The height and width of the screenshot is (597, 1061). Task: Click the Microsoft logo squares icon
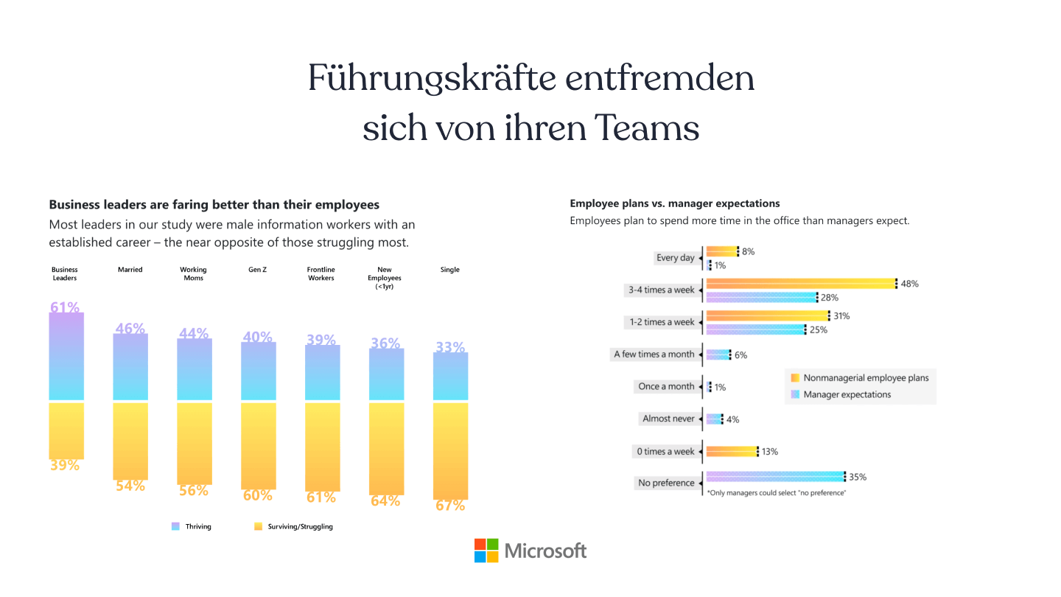click(x=486, y=551)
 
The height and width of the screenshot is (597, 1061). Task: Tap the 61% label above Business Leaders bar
click(x=65, y=307)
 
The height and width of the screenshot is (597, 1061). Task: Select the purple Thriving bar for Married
click(x=130, y=367)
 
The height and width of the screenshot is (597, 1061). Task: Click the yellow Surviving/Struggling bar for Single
click(x=450, y=450)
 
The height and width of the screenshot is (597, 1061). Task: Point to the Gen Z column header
click(x=257, y=270)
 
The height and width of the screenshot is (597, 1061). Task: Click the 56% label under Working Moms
click(x=194, y=490)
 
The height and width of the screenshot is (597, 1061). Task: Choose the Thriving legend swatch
click(x=175, y=526)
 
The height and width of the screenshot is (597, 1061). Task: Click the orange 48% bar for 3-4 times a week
click(x=800, y=284)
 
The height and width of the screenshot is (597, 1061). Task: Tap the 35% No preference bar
click(x=774, y=477)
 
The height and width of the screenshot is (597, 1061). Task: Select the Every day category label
click(x=676, y=258)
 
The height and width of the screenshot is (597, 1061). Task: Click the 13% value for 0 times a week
click(x=770, y=451)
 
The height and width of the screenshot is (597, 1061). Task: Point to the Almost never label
click(x=668, y=419)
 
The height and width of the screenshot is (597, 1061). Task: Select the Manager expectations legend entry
click(x=847, y=394)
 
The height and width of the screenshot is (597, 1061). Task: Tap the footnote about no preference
click(x=777, y=492)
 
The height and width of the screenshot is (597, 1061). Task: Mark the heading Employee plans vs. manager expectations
click(x=674, y=203)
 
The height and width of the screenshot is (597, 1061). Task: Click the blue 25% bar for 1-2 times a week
click(x=755, y=329)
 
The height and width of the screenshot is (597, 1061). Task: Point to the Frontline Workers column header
click(x=321, y=273)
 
